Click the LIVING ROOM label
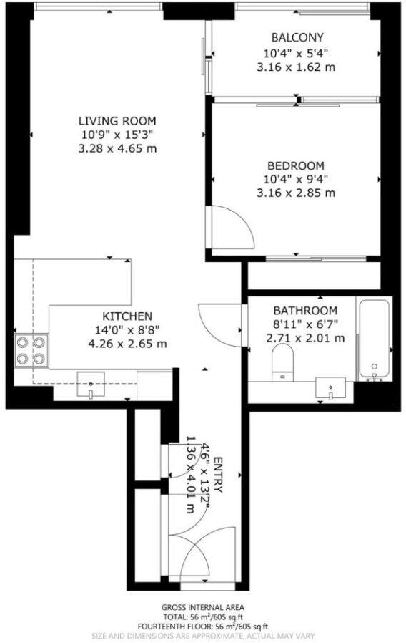tap(117, 121)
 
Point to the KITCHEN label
tap(127, 316)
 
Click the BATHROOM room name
tap(305, 310)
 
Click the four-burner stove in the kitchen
tap(31, 351)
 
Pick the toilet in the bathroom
tap(282, 360)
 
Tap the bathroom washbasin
tap(331, 390)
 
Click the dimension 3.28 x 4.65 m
tap(117, 149)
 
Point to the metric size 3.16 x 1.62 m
tap(297, 67)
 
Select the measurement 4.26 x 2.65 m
tap(127, 344)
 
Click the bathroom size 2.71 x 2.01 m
tap(305, 338)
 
